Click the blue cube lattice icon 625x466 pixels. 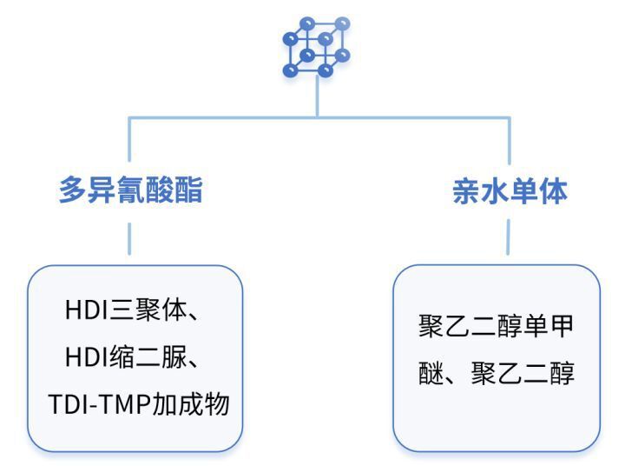point(317,47)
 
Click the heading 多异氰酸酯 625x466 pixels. point(131,190)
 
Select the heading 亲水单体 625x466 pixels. point(510,191)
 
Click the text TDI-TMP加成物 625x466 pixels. point(139,403)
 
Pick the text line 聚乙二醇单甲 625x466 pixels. point(496,326)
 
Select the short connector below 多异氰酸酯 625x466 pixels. point(129,238)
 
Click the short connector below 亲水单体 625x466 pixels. point(508,236)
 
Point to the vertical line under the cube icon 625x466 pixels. point(318,97)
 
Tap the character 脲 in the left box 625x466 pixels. point(174,356)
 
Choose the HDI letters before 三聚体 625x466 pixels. point(87,310)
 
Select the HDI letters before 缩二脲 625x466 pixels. point(87,357)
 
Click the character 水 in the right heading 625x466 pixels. point(496,191)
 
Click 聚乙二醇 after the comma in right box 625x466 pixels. point(523,373)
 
